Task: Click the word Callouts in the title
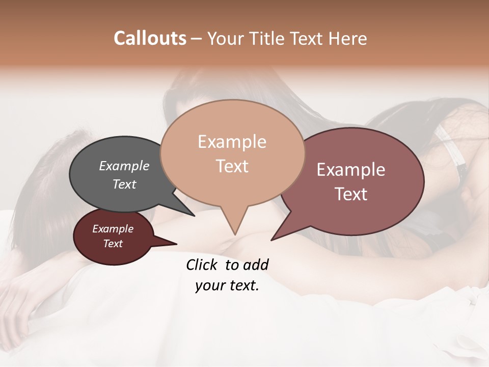point(150,38)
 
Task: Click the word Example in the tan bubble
point(232,142)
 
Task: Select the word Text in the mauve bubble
point(351,194)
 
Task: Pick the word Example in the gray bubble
point(124,166)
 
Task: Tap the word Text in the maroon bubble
point(113,244)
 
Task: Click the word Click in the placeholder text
point(203,265)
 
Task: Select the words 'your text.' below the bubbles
point(227,285)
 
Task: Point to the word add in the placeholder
point(256,265)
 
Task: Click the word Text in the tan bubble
point(232,166)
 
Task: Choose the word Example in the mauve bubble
point(351,170)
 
